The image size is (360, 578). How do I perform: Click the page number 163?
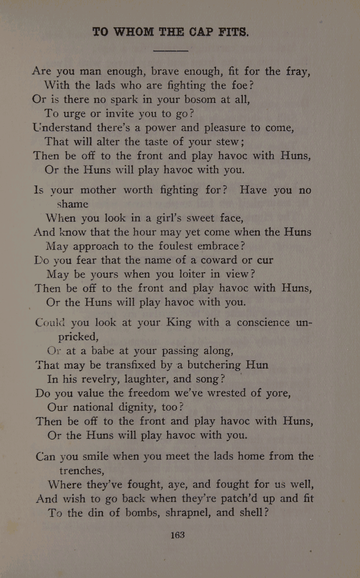tap(177, 535)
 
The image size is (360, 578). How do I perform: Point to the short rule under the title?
tap(171, 50)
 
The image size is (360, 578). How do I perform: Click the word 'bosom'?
tap(194, 99)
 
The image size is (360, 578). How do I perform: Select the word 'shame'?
tap(73, 204)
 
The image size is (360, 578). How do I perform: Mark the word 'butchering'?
tap(207, 365)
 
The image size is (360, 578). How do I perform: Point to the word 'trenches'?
tap(82, 470)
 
